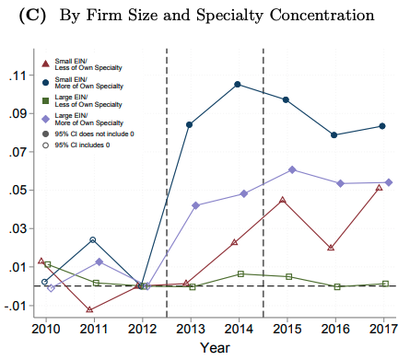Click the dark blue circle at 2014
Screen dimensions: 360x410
pos(238,85)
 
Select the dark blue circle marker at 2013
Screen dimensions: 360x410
pos(190,124)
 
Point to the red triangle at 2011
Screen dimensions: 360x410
pos(89,309)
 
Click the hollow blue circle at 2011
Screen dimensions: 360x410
pos(93,240)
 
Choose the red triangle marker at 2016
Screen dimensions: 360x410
pos(331,247)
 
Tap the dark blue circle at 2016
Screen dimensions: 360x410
pos(334,135)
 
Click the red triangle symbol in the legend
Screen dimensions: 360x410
pos(45,64)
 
